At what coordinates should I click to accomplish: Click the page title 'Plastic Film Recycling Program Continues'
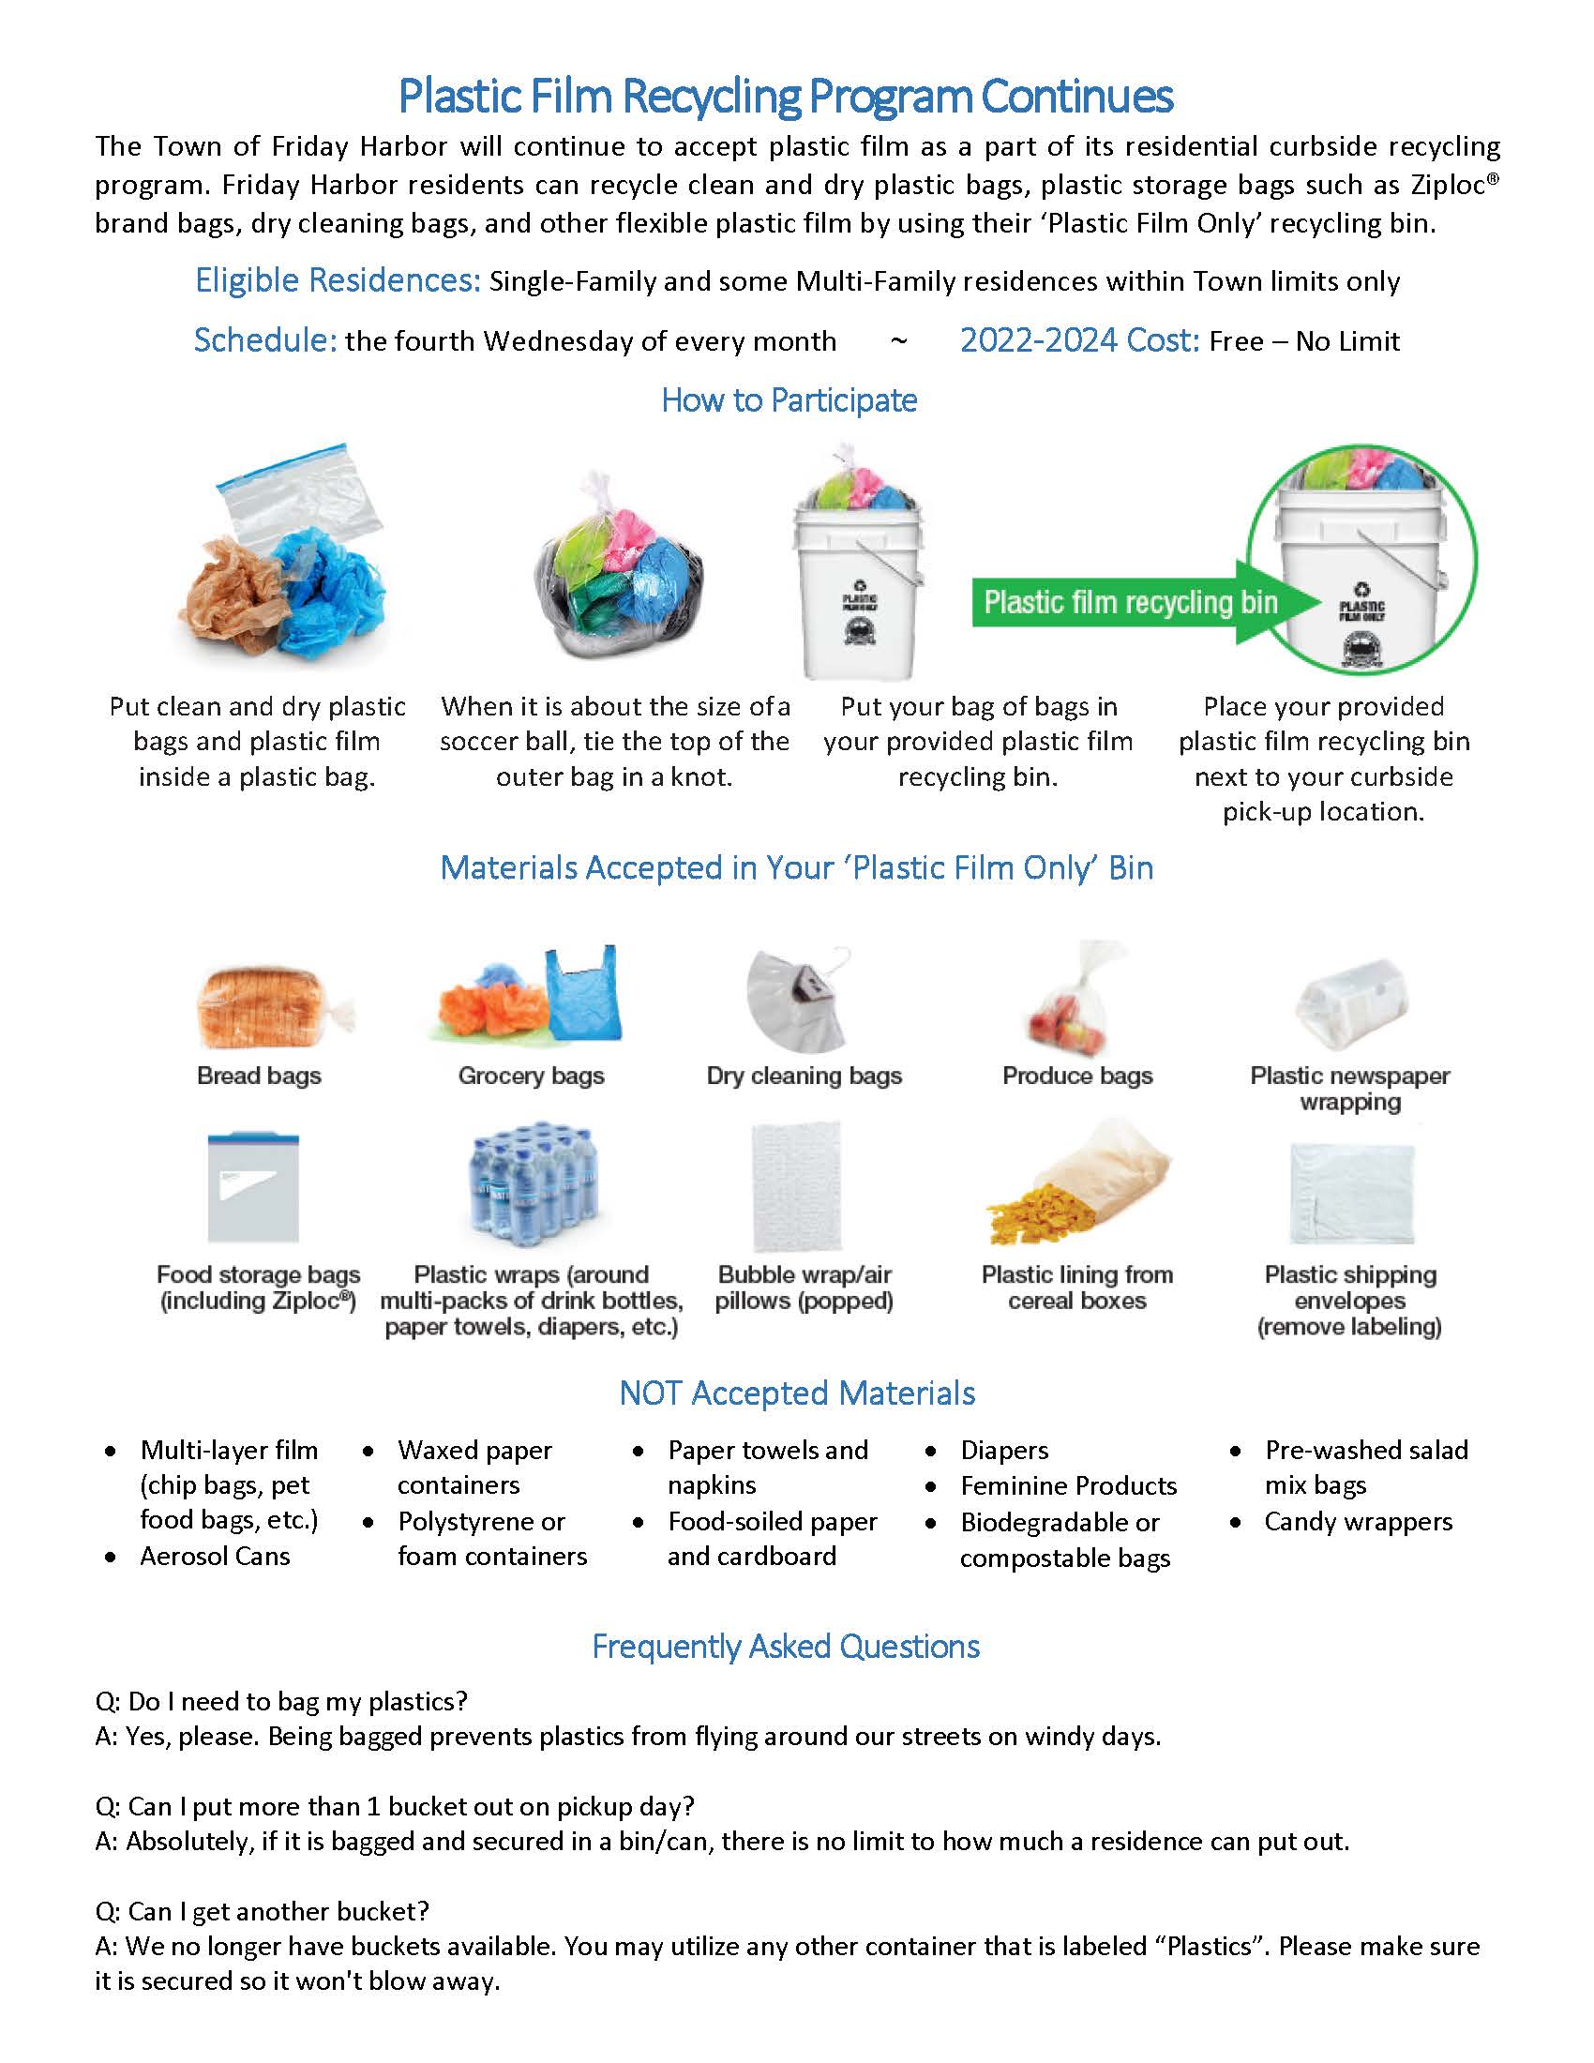click(x=785, y=97)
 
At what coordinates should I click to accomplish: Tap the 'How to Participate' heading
click(x=789, y=400)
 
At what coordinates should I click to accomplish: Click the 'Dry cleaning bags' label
click(x=804, y=1076)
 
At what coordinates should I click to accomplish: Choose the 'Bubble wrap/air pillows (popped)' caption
click(x=804, y=1287)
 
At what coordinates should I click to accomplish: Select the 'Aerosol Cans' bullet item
click(x=215, y=1557)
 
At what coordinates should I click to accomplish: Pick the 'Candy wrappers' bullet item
click(x=1358, y=1522)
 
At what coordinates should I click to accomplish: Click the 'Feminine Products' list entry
click(x=1068, y=1486)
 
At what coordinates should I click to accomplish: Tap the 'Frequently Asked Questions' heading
click(x=786, y=1647)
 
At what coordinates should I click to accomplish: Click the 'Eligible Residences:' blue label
click(x=338, y=280)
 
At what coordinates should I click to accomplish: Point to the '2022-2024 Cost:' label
click(x=1079, y=340)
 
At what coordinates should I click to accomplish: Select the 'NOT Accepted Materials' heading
click(x=797, y=1393)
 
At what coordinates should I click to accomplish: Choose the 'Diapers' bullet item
click(x=1004, y=1450)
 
